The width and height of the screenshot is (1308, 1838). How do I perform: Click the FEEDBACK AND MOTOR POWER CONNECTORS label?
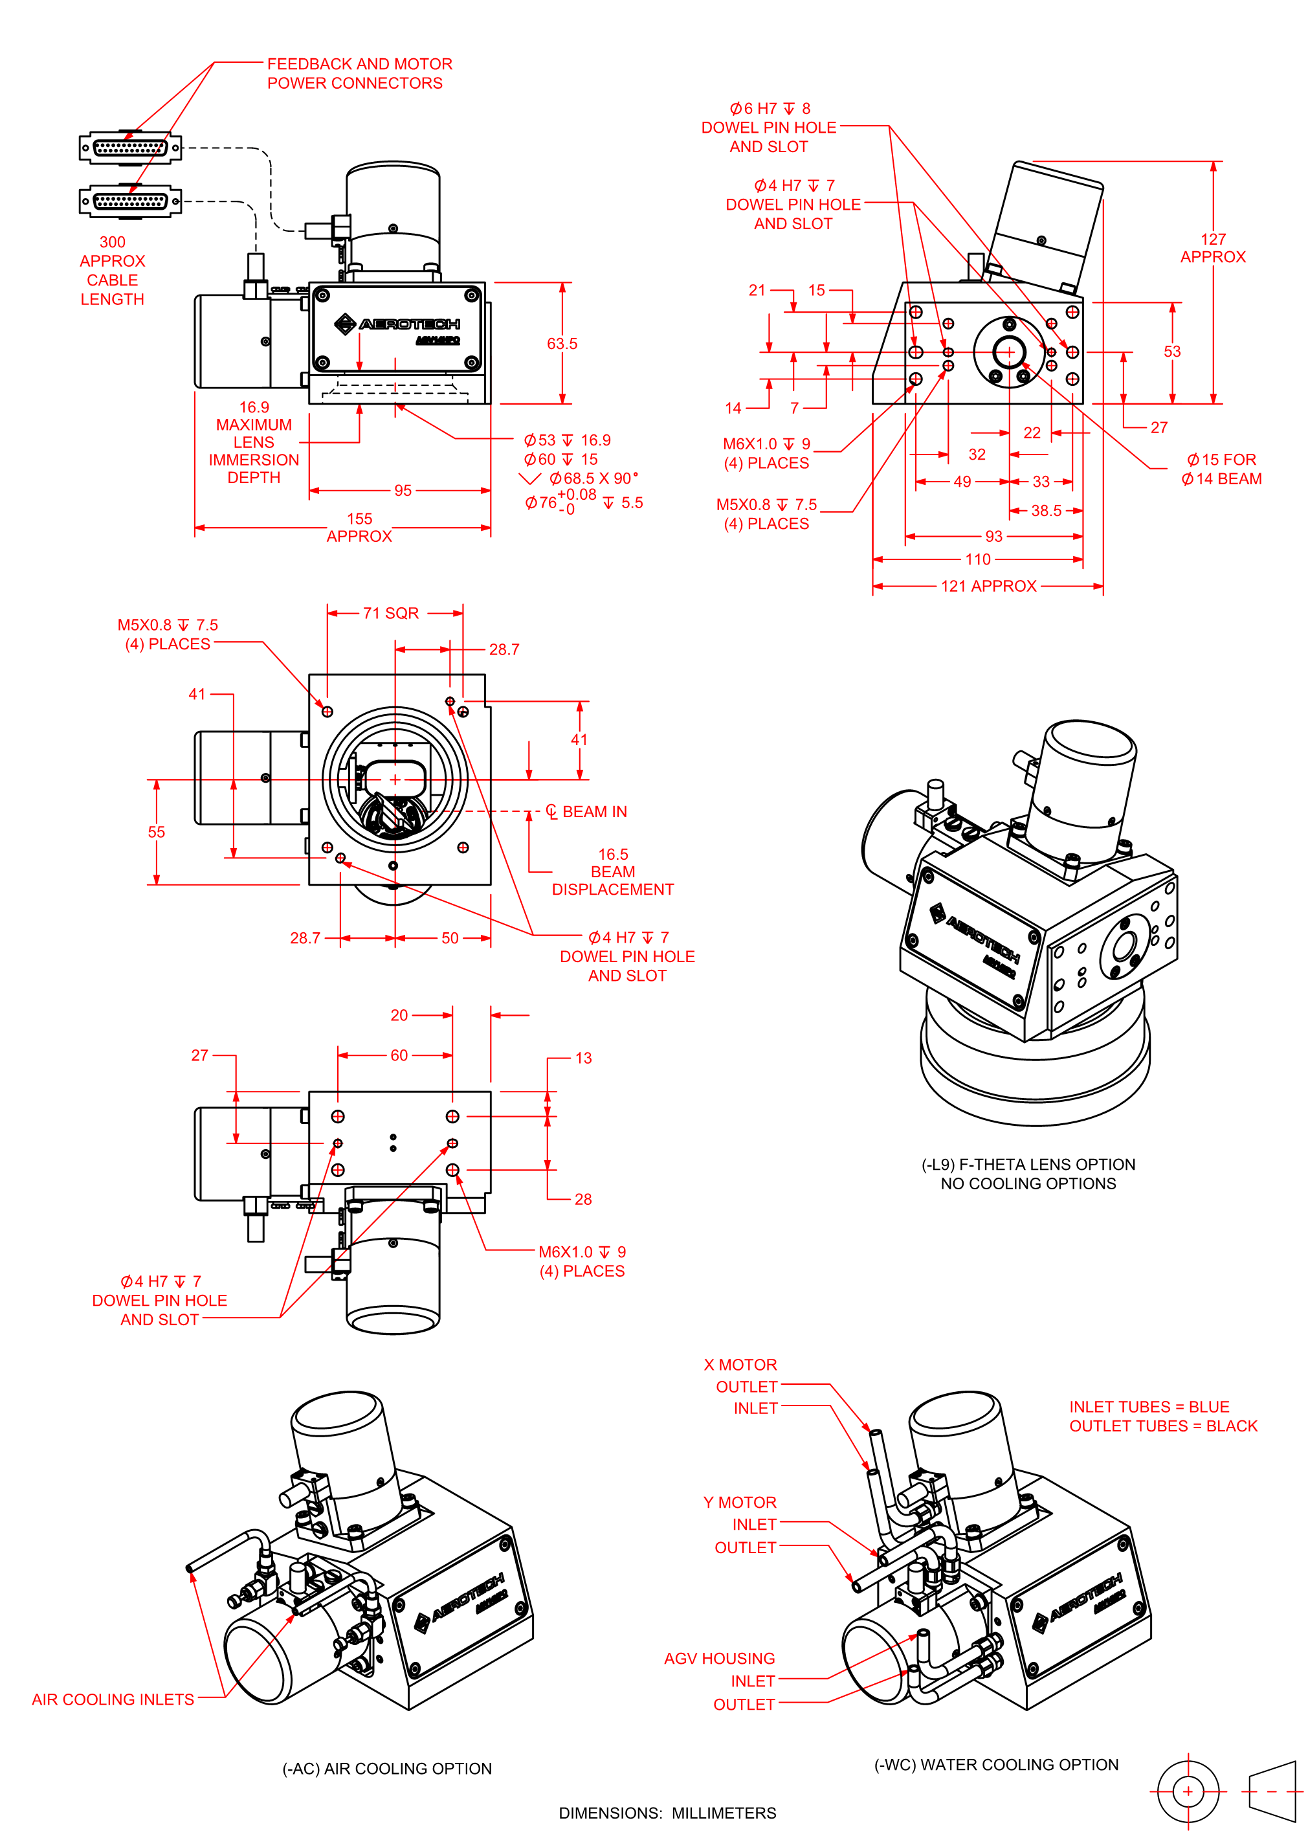click(359, 73)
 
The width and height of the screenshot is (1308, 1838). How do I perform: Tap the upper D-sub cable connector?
click(131, 148)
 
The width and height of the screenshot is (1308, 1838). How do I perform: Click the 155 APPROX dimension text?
click(359, 528)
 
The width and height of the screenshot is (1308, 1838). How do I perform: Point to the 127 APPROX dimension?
click(1212, 248)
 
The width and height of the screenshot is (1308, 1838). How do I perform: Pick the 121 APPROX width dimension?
click(988, 587)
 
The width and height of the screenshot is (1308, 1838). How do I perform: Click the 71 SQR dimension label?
click(391, 613)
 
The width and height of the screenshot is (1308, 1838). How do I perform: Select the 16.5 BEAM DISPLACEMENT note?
click(612, 871)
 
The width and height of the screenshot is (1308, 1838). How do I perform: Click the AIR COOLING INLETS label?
click(113, 1699)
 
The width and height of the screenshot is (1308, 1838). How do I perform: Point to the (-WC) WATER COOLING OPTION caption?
click(996, 1765)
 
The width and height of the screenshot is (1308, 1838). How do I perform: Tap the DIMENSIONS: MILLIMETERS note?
click(668, 1813)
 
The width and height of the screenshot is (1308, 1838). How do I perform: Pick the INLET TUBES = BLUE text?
click(1149, 1407)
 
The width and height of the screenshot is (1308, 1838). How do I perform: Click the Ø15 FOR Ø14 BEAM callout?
click(1221, 469)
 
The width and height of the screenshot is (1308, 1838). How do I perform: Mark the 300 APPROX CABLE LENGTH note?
click(113, 271)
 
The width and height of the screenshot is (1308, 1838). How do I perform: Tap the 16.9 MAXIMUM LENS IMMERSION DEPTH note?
click(254, 442)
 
